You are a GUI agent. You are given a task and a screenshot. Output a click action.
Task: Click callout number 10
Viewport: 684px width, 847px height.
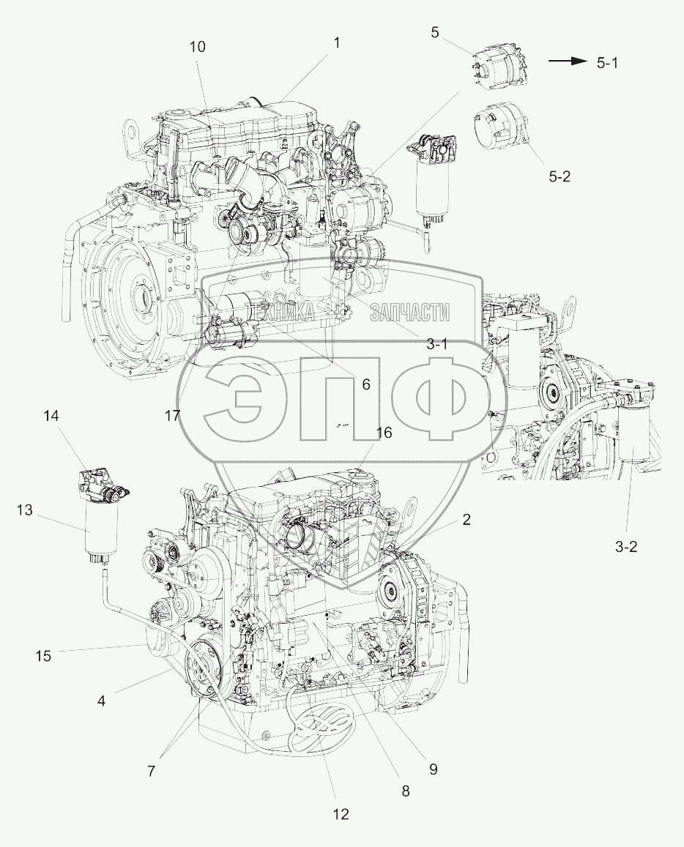tap(198, 47)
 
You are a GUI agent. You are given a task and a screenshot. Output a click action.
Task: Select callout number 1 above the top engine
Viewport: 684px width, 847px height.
tap(337, 42)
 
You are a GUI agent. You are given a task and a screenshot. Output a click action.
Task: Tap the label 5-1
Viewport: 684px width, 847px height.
tap(608, 63)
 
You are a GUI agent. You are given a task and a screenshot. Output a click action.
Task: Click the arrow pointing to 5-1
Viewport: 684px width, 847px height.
tap(568, 61)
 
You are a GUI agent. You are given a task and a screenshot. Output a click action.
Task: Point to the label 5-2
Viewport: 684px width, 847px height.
tap(560, 176)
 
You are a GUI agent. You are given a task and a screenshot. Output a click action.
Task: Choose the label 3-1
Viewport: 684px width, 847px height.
tap(437, 344)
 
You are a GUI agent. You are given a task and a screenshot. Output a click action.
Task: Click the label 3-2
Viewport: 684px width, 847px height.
tap(626, 547)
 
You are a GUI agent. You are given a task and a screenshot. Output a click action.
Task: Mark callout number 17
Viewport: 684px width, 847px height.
tap(172, 415)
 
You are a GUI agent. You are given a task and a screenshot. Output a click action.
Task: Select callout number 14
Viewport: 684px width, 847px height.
tap(52, 415)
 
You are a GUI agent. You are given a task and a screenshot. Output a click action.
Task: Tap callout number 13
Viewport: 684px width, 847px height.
tap(24, 510)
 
